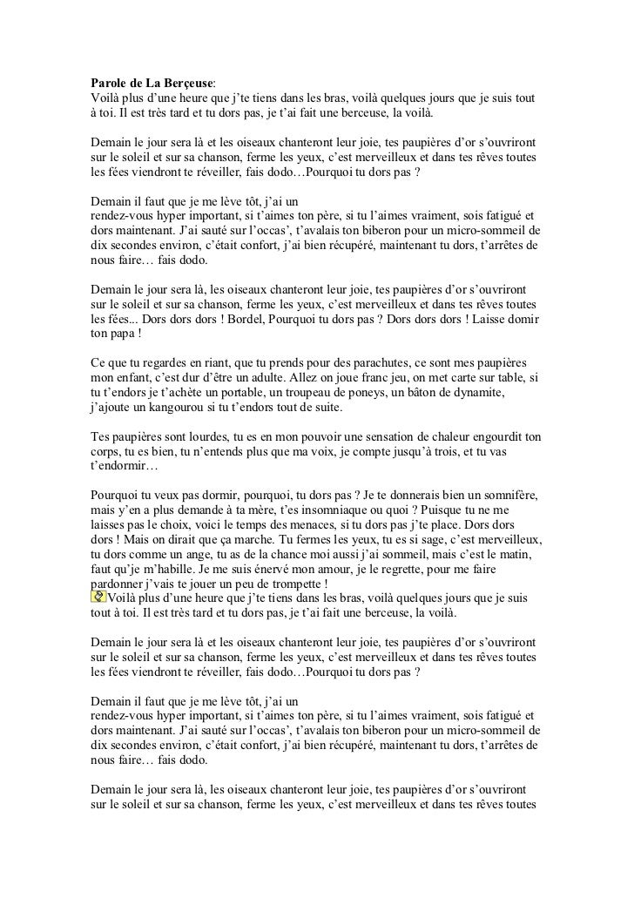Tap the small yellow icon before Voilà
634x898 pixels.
click(98, 596)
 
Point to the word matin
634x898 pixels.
click(522, 554)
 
